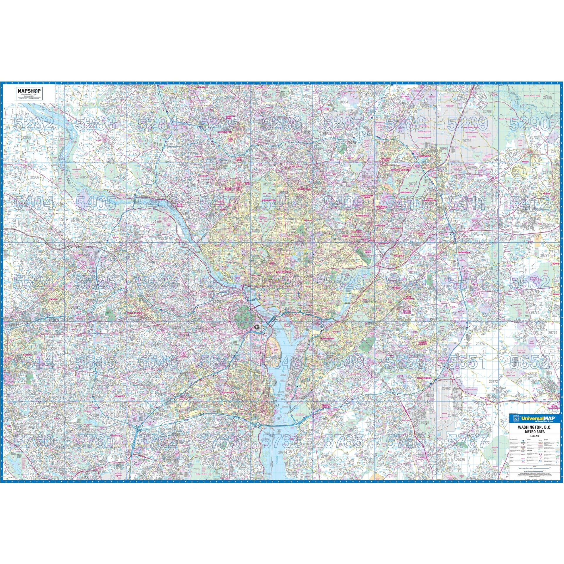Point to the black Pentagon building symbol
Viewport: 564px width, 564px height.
[257, 327]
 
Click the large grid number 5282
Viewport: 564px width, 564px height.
[34, 124]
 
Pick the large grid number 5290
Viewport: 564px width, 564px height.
[530, 124]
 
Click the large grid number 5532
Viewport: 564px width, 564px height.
[530, 283]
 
